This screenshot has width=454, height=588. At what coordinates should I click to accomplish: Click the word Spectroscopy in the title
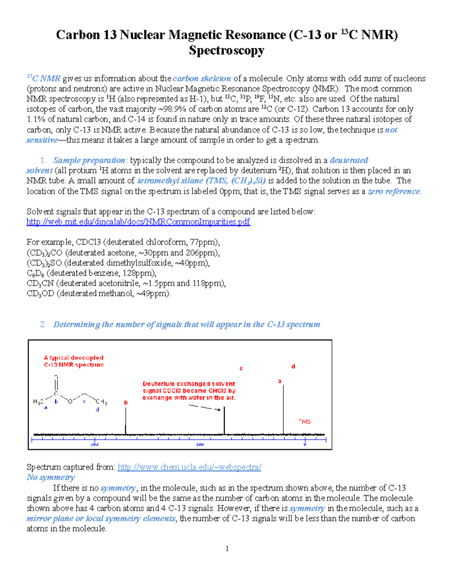click(x=226, y=50)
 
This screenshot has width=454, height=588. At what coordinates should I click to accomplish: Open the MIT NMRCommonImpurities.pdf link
click(x=138, y=222)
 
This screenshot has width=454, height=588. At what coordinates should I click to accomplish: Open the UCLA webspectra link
click(x=189, y=467)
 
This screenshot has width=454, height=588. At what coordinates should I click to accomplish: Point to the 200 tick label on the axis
click(x=94, y=445)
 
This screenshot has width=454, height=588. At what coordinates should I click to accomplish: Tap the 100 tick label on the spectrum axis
click(x=200, y=445)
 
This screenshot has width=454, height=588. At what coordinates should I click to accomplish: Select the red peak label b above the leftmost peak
click(x=126, y=403)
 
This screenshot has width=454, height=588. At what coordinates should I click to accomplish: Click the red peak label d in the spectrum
click(x=293, y=367)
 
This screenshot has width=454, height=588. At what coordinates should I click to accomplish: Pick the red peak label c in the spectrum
click(x=241, y=368)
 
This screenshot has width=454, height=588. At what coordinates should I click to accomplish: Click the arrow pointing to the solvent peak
click(x=205, y=407)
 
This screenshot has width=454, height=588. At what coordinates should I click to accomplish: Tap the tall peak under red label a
click(x=283, y=409)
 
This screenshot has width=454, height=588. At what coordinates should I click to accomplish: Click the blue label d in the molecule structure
click(x=98, y=410)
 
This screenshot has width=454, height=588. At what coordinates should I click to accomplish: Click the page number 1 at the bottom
click(x=227, y=549)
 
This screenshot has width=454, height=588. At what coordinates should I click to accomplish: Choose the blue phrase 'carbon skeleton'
click(x=202, y=79)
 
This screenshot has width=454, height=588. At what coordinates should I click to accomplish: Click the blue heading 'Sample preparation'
click(x=89, y=161)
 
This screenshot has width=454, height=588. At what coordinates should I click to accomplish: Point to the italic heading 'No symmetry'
click(x=51, y=477)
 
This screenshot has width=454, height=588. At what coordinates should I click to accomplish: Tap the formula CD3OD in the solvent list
click(x=40, y=294)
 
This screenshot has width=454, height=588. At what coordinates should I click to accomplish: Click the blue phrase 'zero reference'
click(x=393, y=192)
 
